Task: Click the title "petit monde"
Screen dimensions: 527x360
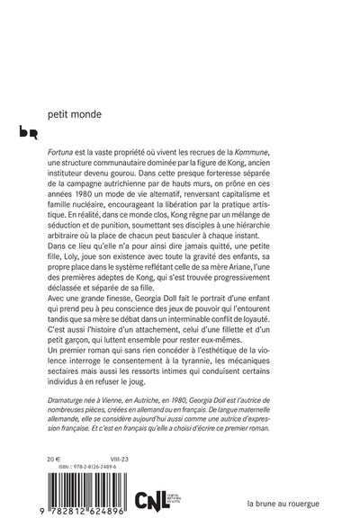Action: point(76,115)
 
